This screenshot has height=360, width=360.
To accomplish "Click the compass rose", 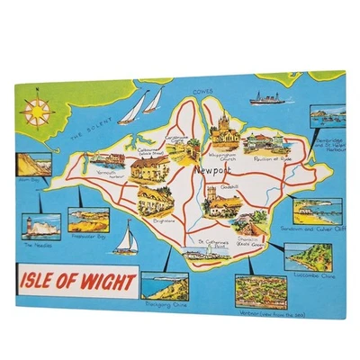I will tap(38, 112).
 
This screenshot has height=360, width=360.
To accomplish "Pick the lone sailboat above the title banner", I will tap(129, 239).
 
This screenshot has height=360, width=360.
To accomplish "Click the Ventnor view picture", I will tap(261, 292).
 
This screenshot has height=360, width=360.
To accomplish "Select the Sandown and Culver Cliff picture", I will tap(314, 211).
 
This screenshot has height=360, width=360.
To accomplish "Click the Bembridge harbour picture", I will tap(325, 117).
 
